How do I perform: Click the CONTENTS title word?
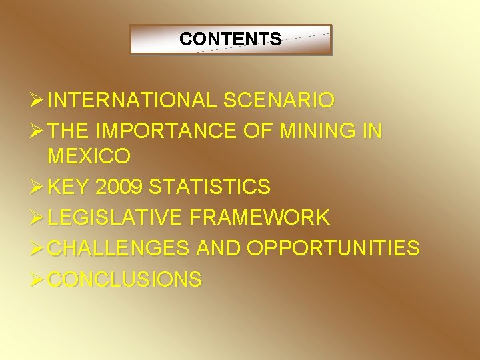(230, 39)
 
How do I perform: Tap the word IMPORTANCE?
(164, 131)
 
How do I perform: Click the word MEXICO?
(89, 157)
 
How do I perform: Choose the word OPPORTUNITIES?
(333, 248)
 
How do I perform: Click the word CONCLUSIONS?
(125, 279)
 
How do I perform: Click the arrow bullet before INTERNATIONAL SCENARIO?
(37, 101)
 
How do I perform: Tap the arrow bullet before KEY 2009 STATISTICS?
(37, 187)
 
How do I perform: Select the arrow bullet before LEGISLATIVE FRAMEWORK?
(37, 217)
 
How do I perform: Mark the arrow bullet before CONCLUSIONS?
(37, 279)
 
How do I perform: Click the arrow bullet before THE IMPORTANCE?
(37, 131)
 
